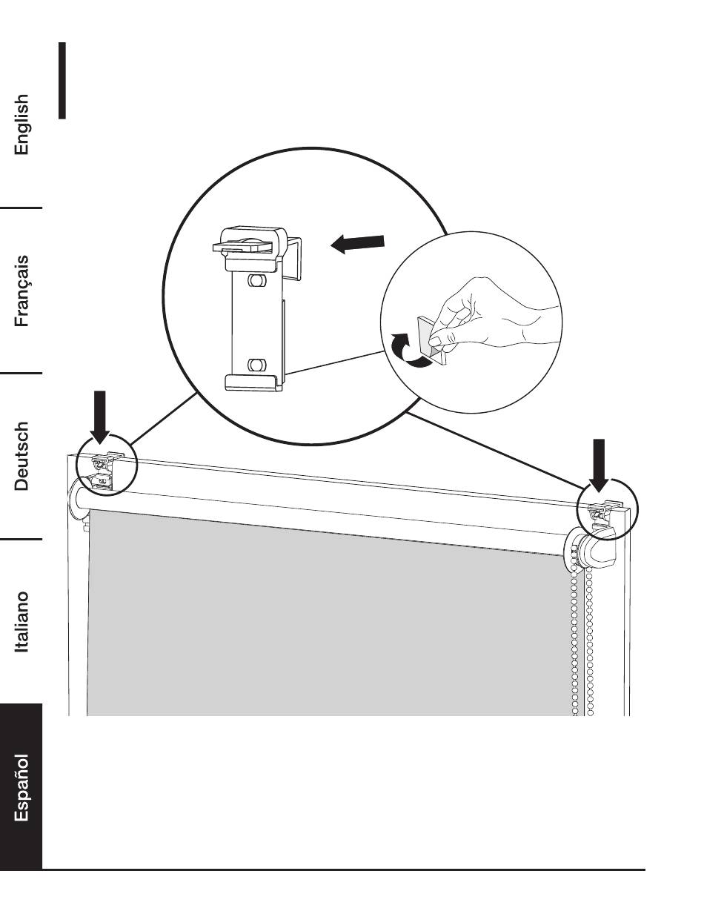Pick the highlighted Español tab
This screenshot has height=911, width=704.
pos(22,788)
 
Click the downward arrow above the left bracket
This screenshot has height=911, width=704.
pos(102,417)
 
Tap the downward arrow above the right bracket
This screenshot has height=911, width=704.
pos(600,465)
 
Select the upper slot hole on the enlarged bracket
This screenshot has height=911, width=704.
pos(257,282)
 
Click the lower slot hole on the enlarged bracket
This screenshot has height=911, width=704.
pos(256,364)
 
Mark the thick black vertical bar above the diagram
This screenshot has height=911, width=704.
pos(63,80)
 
